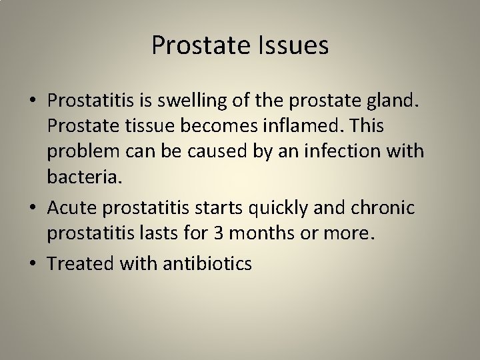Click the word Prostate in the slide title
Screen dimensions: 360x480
click(199, 46)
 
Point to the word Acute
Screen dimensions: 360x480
click(70, 208)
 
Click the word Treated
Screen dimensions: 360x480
click(81, 264)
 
